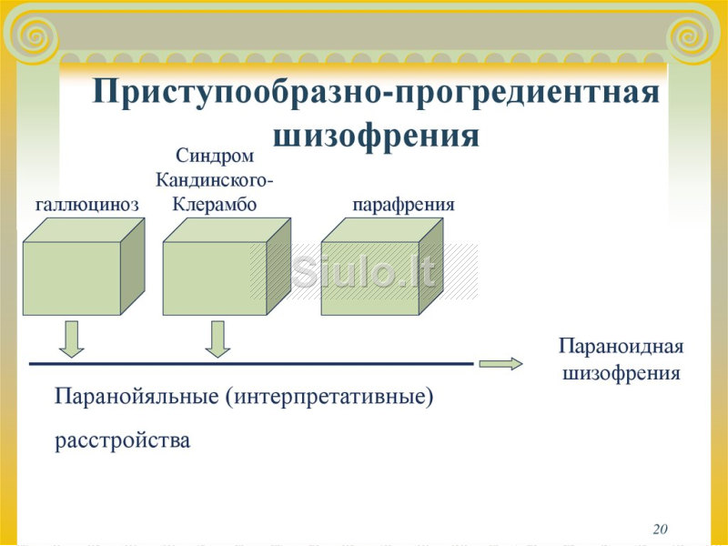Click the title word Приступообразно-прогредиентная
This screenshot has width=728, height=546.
[376, 93]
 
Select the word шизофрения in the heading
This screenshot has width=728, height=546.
[376, 136]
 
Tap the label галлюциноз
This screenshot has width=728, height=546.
[87, 204]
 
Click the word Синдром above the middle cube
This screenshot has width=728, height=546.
[215, 156]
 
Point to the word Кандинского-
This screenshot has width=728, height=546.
[214, 179]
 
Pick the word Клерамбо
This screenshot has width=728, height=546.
[215, 204]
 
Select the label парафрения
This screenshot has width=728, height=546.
[403, 205]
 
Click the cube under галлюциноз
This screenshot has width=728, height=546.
[84, 267]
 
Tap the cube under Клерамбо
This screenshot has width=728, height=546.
[227, 267]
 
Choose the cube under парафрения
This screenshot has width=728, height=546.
[381, 267]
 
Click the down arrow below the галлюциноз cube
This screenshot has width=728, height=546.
[72, 339]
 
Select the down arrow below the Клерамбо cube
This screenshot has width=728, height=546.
[217, 339]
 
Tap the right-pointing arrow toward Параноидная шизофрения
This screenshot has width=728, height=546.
[500, 363]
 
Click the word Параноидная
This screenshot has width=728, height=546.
[622, 347]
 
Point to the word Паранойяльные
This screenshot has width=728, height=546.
[136, 397]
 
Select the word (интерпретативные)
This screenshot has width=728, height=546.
[330, 398]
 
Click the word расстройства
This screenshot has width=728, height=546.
[123, 440]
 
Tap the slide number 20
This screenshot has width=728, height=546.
[661, 529]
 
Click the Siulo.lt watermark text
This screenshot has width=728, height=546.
[364, 271]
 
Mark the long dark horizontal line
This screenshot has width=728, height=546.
[251, 364]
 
